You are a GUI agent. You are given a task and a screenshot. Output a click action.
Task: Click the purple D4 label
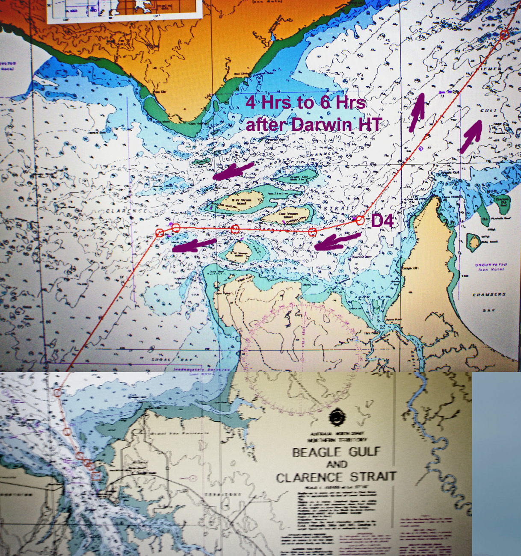(382, 221)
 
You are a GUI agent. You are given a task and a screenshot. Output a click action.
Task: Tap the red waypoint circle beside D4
(360, 220)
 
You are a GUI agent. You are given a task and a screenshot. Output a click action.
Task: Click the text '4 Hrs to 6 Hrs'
(305, 103)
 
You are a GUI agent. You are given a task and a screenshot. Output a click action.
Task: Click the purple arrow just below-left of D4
(336, 242)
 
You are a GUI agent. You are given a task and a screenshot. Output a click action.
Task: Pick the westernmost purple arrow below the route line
(193, 245)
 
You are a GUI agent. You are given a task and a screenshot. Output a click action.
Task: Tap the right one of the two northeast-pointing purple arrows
(471, 136)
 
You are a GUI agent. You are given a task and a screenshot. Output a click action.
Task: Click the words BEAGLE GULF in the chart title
(336, 452)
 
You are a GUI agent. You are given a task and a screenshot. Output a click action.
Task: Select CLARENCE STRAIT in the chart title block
(336, 477)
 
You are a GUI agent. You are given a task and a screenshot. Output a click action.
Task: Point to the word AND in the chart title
(336, 464)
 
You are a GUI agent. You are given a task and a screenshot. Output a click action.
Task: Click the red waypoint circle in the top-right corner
(505, 34)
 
